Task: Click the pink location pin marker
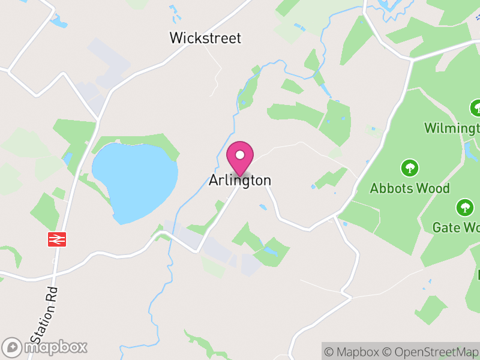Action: pyautogui.click(x=240, y=158)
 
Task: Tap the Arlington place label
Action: pyautogui.click(x=240, y=180)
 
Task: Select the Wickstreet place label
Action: pyautogui.click(x=205, y=38)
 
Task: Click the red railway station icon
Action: pyautogui.click(x=56, y=239)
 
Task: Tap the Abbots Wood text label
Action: pyautogui.click(x=410, y=188)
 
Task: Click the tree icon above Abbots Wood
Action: pyautogui.click(x=410, y=167)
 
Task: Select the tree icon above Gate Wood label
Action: pyautogui.click(x=464, y=208)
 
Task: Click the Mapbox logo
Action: pyautogui.click(x=45, y=347)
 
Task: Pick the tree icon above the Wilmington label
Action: pyautogui.click(x=476, y=108)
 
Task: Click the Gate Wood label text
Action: pyautogui.click(x=455, y=227)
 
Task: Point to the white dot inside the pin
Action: pyautogui.click(x=240, y=155)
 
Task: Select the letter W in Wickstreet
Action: pyautogui.click(x=176, y=38)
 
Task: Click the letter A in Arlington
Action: pyautogui.click(x=213, y=180)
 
